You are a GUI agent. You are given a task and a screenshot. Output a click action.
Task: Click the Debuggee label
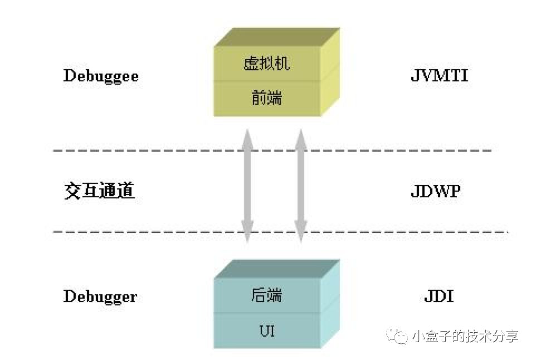(x=101, y=76)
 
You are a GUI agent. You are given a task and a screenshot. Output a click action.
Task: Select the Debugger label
(x=100, y=296)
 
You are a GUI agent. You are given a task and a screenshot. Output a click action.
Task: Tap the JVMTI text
(x=439, y=76)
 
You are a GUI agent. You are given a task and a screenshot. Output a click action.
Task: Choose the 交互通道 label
(x=99, y=192)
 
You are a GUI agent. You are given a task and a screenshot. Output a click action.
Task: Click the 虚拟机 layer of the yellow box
(x=267, y=63)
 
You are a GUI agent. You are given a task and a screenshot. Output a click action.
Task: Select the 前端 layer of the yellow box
(x=267, y=98)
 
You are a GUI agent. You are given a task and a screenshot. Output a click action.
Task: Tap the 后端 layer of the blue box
(x=267, y=295)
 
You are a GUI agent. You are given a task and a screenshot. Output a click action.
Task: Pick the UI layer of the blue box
(x=267, y=331)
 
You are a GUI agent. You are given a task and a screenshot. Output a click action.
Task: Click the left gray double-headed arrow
(x=247, y=186)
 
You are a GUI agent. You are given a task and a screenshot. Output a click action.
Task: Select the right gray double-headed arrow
(x=301, y=186)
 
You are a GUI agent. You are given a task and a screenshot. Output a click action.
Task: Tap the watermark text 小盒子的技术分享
(x=465, y=337)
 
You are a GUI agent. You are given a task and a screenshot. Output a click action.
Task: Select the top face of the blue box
(x=277, y=268)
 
